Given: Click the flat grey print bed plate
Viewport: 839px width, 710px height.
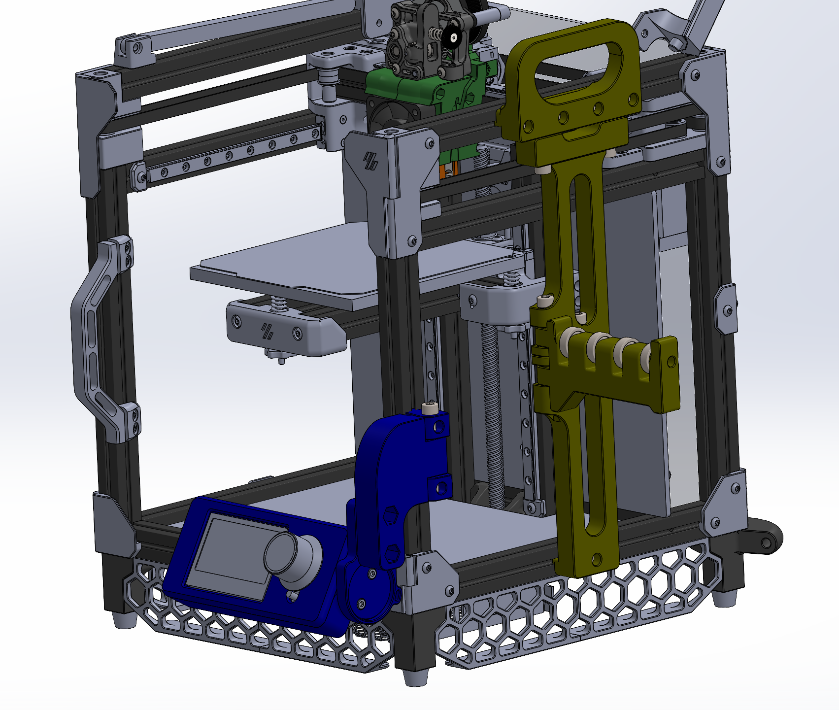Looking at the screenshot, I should pyautogui.click(x=345, y=261).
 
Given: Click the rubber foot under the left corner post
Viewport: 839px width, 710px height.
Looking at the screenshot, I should pyautogui.click(x=124, y=619).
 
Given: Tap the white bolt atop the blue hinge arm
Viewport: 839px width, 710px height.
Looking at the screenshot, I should pyautogui.click(x=430, y=408).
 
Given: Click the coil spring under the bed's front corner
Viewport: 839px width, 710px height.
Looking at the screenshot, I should pyautogui.click(x=279, y=304).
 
